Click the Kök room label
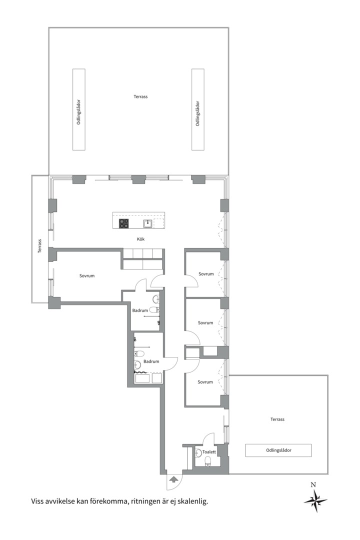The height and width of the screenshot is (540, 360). click(x=140, y=239)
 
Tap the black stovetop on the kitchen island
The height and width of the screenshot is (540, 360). click(x=124, y=223)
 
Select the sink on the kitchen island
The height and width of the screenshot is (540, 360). click(x=148, y=223)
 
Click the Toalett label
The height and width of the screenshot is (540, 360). click(x=209, y=452)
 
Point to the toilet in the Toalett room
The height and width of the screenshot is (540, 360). click(x=207, y=461)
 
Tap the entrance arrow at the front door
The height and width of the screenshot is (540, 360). click(x=173, y=478)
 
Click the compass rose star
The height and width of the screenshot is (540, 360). click(x=315, y=500)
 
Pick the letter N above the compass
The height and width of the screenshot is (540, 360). click(x=313, y=485)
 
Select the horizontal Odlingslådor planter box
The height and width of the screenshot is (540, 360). click(x=278, y=450)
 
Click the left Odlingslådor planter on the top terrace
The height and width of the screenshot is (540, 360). click(x=79, y=109)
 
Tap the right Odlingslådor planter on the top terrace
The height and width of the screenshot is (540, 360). click(x=197, y=109)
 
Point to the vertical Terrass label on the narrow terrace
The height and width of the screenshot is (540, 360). click(x=39, y=246)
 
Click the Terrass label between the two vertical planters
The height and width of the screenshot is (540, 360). click(x=140, y=97)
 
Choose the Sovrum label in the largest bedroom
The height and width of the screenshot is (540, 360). click(x=87, y=276)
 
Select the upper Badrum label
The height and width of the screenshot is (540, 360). click(x=140, y=310)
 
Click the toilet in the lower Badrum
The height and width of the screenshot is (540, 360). click(x=139, y=353)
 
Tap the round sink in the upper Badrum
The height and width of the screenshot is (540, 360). click(x=155, y=299)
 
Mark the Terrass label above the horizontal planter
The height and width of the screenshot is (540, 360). click(x=277, y=419)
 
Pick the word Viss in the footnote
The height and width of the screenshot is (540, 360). click(x=37, y=501)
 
